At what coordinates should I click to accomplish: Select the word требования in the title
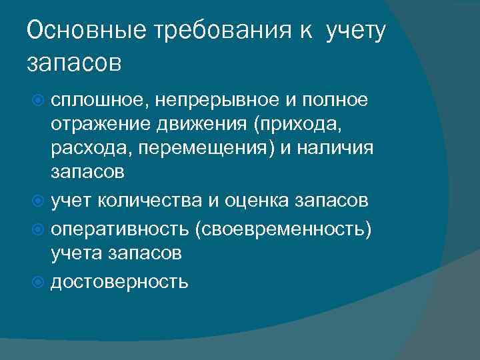pyautogui.click(x=211, y=32)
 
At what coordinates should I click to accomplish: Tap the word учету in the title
pyautogui.click(x=355, y=32)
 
